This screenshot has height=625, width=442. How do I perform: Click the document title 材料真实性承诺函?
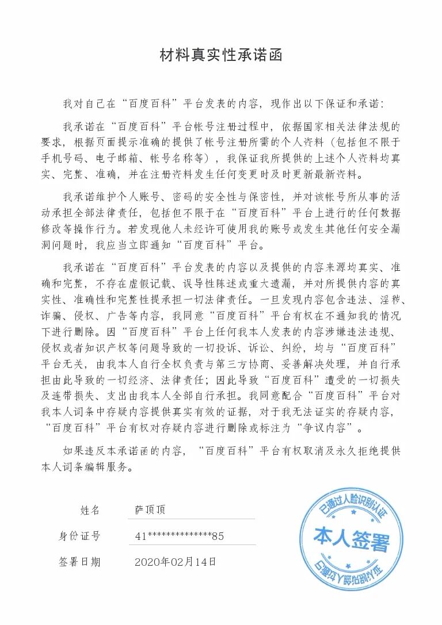point(221,56)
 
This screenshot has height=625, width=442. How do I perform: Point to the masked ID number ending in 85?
point(179,536)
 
